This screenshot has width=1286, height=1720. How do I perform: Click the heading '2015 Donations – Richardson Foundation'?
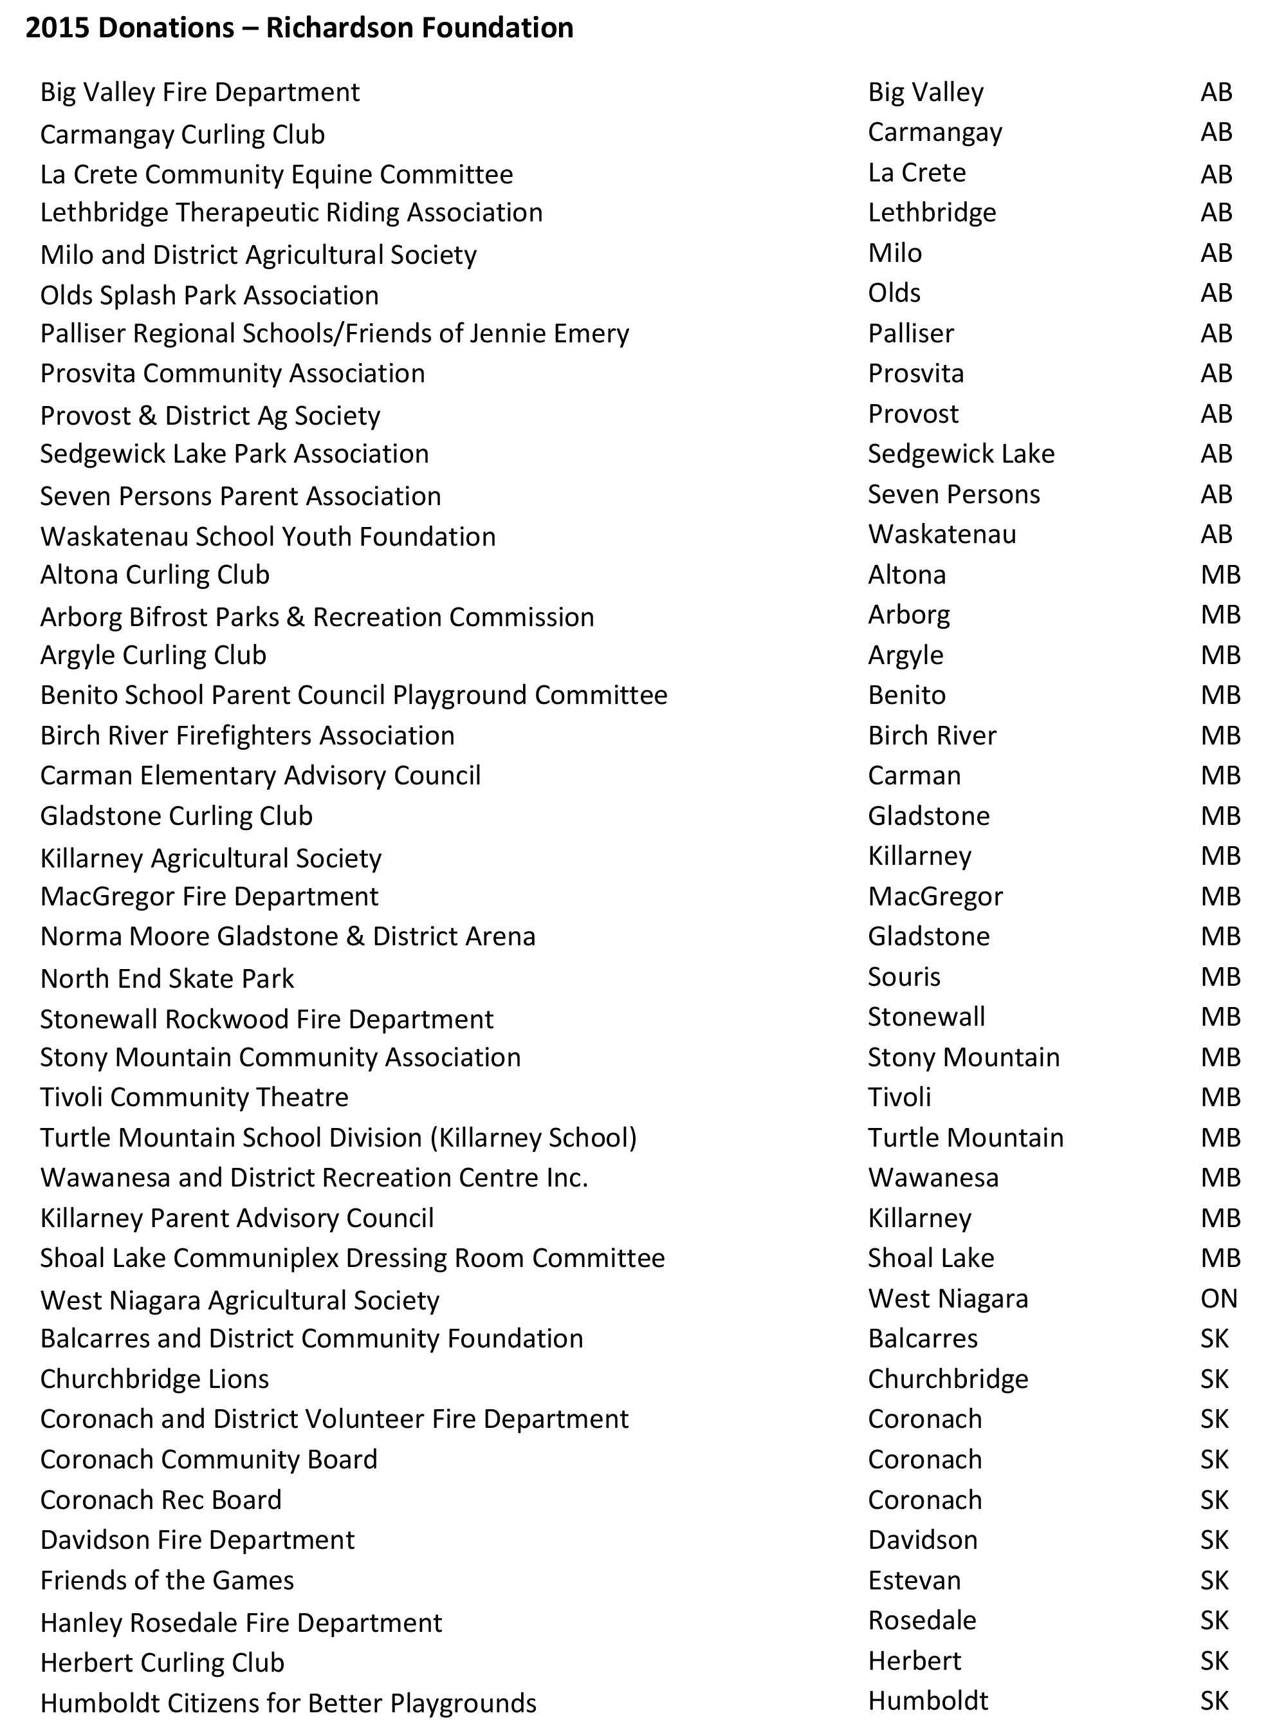tap(299, 28)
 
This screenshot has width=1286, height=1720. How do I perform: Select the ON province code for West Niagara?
tap(1218, 1298)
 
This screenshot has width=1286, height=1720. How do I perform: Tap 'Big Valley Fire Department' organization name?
tap(200, 93)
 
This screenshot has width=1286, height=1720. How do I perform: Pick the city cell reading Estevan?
tap(914, 1580)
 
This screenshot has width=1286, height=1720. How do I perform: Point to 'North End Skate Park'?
tap(167, 978)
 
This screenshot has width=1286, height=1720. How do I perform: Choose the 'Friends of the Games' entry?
tap(167, 1580)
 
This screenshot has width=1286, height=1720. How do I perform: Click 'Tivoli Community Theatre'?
tap(194, 1097)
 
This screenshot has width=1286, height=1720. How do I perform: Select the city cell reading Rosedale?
tap(921, 1620)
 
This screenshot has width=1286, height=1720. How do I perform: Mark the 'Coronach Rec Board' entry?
tap(161, 1499)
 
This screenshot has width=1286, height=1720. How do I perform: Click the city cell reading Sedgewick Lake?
tap(960, 454)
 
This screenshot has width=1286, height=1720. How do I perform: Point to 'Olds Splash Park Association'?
tap(209, 295)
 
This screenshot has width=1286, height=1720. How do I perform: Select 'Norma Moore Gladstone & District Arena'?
tap(288, 936)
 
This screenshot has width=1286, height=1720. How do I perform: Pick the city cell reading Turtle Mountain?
tap(965, 1138)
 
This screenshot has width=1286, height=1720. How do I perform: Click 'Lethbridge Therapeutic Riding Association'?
tap(291, 212)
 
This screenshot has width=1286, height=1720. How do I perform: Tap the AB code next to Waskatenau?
tap(1215, 534)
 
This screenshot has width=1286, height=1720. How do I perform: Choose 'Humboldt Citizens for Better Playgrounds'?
tap(288, 1703)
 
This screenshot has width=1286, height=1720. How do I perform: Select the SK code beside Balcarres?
tap(1214, 1338)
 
